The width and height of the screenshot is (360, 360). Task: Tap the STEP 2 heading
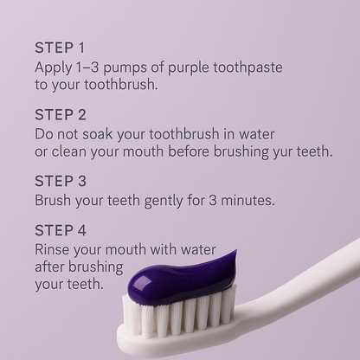[x=60, y=114]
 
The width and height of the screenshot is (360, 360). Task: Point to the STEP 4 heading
[x=60, y=230]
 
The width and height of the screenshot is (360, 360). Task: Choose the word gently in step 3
[x=161, y=200]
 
